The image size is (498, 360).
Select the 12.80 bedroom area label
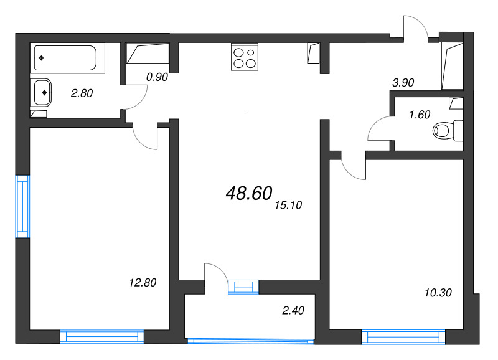(143, 283)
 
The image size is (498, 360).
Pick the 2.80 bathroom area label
(82, 93)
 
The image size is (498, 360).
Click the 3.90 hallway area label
(403, 82)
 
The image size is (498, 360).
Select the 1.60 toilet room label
(420, 115)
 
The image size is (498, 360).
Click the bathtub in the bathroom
(65, 57)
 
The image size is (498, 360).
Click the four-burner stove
(243, 57)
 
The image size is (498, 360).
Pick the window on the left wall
(22, 206)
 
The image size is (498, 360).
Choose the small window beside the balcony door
(243, 287)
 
